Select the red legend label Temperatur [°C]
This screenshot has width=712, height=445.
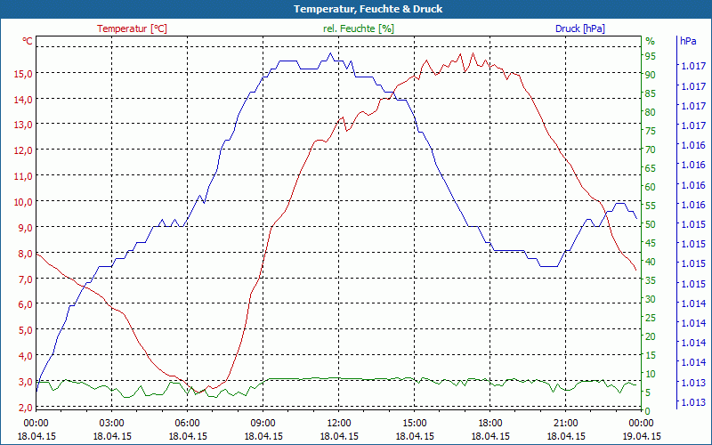click(132, 28)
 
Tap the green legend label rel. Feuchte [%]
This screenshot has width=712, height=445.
click(359, 28)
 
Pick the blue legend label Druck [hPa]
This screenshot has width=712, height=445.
click(580, 28)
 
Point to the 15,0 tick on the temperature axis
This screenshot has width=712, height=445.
click(23, 73)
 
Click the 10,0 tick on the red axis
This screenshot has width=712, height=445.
click(23, 201)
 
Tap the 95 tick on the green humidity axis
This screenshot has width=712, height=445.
click(650, 56)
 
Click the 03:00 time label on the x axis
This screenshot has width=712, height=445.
click(111, 423)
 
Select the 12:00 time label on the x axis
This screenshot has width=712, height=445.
click(339, 423)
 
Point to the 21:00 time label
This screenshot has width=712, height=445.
click(566, 423)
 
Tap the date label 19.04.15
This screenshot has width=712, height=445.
click(642, 436)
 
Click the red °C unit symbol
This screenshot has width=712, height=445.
click(28, 41)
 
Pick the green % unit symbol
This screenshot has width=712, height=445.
click(650, 41)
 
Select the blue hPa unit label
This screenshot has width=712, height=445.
click(688, 41)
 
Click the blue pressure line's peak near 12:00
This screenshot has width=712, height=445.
click(330, 53)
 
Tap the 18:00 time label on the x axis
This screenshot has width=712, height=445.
click(490, 423)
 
